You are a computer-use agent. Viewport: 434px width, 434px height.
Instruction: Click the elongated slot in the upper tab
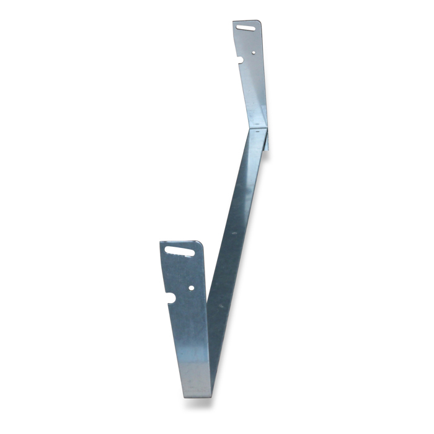tap(246, 27)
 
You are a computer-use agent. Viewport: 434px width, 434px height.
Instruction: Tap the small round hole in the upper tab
tap(254, 52)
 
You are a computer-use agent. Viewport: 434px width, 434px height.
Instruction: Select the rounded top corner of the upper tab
tap(257, 23)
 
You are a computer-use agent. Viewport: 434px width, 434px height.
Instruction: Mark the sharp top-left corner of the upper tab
tap(234, 22)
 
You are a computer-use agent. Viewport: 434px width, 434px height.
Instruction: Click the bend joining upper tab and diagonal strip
tap(259, 128)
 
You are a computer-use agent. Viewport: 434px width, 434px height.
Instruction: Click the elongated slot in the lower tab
tap(178, 251)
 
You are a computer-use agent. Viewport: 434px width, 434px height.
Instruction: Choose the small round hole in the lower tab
tap(191, 288)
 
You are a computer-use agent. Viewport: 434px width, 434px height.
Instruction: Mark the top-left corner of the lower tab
tap(161, 242)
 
